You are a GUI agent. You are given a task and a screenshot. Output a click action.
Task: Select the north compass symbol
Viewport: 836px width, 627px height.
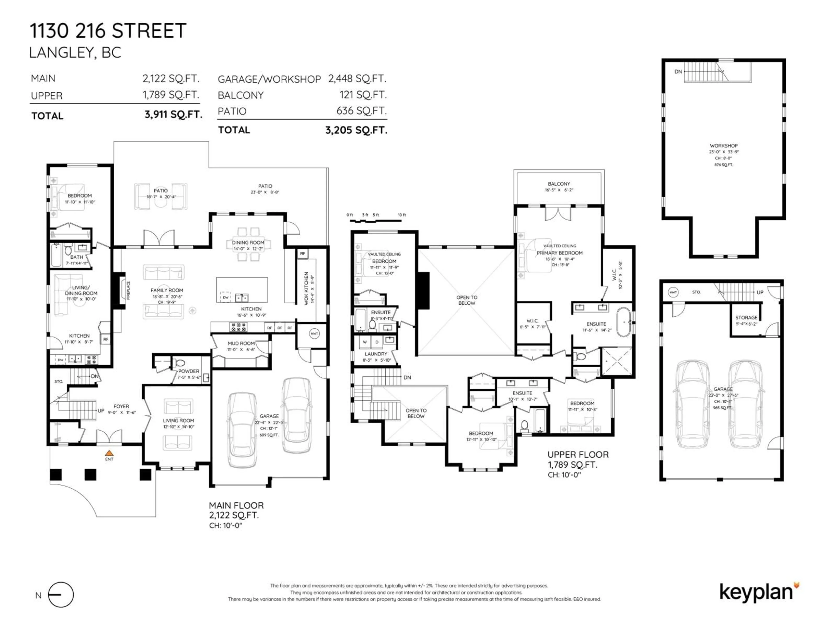(x=61, y=595)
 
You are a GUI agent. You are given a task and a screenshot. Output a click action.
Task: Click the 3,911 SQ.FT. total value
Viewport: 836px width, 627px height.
(x=173, y=115)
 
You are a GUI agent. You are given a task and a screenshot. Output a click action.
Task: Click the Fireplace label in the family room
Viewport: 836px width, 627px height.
(x=128, y=290)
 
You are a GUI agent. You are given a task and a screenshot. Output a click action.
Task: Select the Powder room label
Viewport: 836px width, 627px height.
(x=189, y=371)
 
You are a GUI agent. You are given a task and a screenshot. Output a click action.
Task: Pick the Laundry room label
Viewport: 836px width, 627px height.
(x=376, y=354)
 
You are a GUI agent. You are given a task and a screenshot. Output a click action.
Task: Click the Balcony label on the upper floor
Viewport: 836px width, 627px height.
(x=559, y=184)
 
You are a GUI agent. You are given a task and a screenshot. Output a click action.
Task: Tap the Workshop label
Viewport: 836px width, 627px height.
(x=723, y=145)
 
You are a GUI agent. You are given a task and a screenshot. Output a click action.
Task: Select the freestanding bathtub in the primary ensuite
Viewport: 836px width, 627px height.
(x=624, y=322)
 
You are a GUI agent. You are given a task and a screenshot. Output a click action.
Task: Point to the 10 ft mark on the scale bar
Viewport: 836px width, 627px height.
(x=401, y=215)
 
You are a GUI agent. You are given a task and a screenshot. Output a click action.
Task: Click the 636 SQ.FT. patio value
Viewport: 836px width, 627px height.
(x=361, y=111)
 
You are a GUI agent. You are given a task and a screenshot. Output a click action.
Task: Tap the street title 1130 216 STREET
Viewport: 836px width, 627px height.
(x=108, y=31)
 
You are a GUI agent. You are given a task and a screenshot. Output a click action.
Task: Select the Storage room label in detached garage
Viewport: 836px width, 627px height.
(x=746, y=317)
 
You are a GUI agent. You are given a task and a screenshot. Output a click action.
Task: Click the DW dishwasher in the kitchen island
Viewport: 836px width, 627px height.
(x=226, y=297)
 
